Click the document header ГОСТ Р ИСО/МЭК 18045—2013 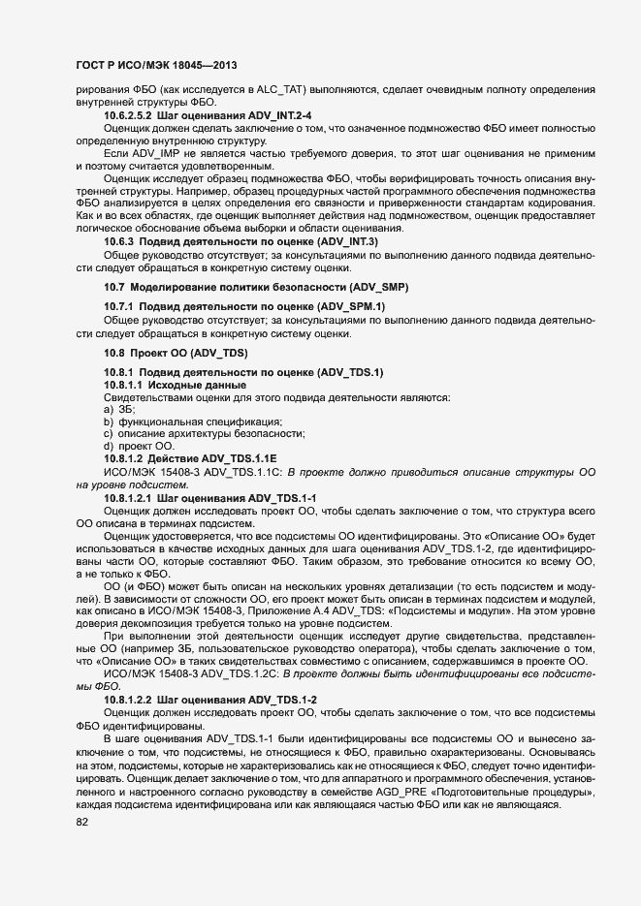click(156, 66)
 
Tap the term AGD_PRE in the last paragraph click(407, 792)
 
